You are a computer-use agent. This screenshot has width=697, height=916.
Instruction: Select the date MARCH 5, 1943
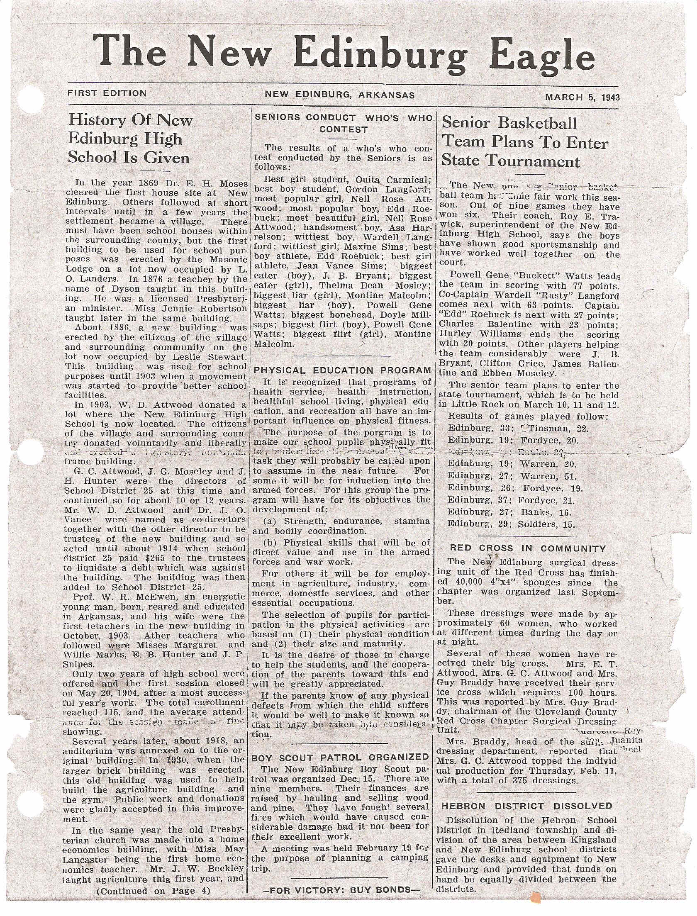pos(582,97)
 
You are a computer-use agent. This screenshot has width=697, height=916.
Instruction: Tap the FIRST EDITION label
pos(107,93)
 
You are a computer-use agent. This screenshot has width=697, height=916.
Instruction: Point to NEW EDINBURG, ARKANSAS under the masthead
pos(340,95)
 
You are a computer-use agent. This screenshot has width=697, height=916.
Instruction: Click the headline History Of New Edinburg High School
pos(129,139)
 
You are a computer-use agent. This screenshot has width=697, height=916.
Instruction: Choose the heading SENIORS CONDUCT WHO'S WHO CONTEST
pos(344,124)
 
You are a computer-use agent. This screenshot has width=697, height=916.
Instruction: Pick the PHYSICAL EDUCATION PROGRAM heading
pos(342,370)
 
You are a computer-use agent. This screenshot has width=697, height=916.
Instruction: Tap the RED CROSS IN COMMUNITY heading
pos(528,548)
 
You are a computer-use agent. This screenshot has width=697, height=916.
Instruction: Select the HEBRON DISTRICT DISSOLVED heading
pos(526,806)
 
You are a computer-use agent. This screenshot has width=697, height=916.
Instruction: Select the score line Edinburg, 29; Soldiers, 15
pos(511,524)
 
